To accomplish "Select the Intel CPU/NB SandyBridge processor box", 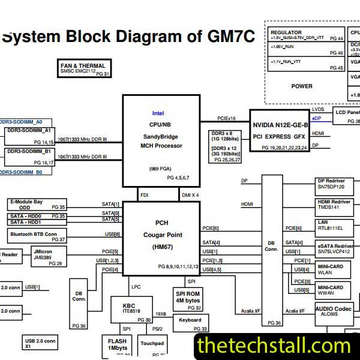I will pos(161,140).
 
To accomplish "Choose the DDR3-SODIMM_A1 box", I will pos(30,136).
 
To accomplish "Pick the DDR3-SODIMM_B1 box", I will pos(30,156).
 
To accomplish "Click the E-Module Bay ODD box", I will pos(36,204).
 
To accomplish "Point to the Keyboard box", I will pos(190,324).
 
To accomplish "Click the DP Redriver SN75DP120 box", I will pos(334,184).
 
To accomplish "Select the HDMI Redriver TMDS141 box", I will pos(334,206).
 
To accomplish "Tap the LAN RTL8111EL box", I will pos(334,226).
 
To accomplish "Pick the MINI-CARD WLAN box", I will pos(334,269).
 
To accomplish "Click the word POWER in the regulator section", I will pos(301,86).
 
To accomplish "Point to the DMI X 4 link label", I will pos(190,195).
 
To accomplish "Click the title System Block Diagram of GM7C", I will pos(128,37).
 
